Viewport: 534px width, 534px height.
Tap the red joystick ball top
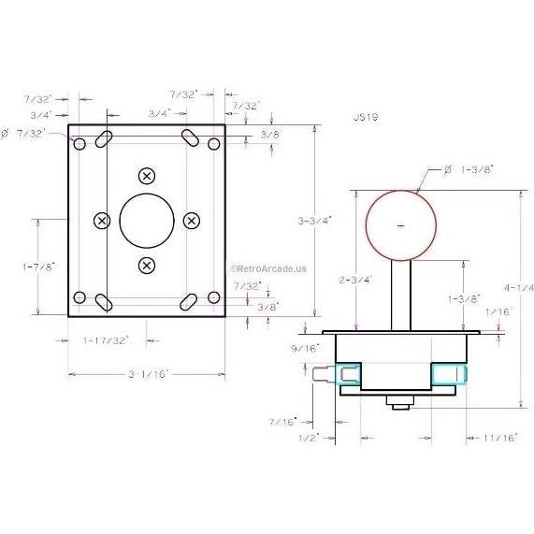click(x=401, y=225)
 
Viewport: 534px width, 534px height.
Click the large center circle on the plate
click(x=146, y=220)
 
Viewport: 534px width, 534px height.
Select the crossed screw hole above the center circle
click(x=146, y=176)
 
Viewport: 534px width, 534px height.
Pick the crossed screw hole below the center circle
click(x=146, y=266)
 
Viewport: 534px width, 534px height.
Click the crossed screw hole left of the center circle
click(x=102, y=220)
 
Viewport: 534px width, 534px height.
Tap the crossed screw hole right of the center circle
click(x=191, y=220)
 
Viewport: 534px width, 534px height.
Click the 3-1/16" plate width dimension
click(x=147, y=373)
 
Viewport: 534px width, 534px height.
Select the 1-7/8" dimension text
click(x=38, y=267)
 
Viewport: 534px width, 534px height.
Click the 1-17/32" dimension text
click(x=106, y=339)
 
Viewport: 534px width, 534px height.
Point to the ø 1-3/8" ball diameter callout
click(x=469, y=169)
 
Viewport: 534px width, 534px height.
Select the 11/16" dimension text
click(x=501, y=437)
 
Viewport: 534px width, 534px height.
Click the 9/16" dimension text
click(x=305, y=347)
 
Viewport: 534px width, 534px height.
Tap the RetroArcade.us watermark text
click(x=268, y=267)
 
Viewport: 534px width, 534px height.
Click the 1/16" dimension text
click(x=499, y=312)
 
